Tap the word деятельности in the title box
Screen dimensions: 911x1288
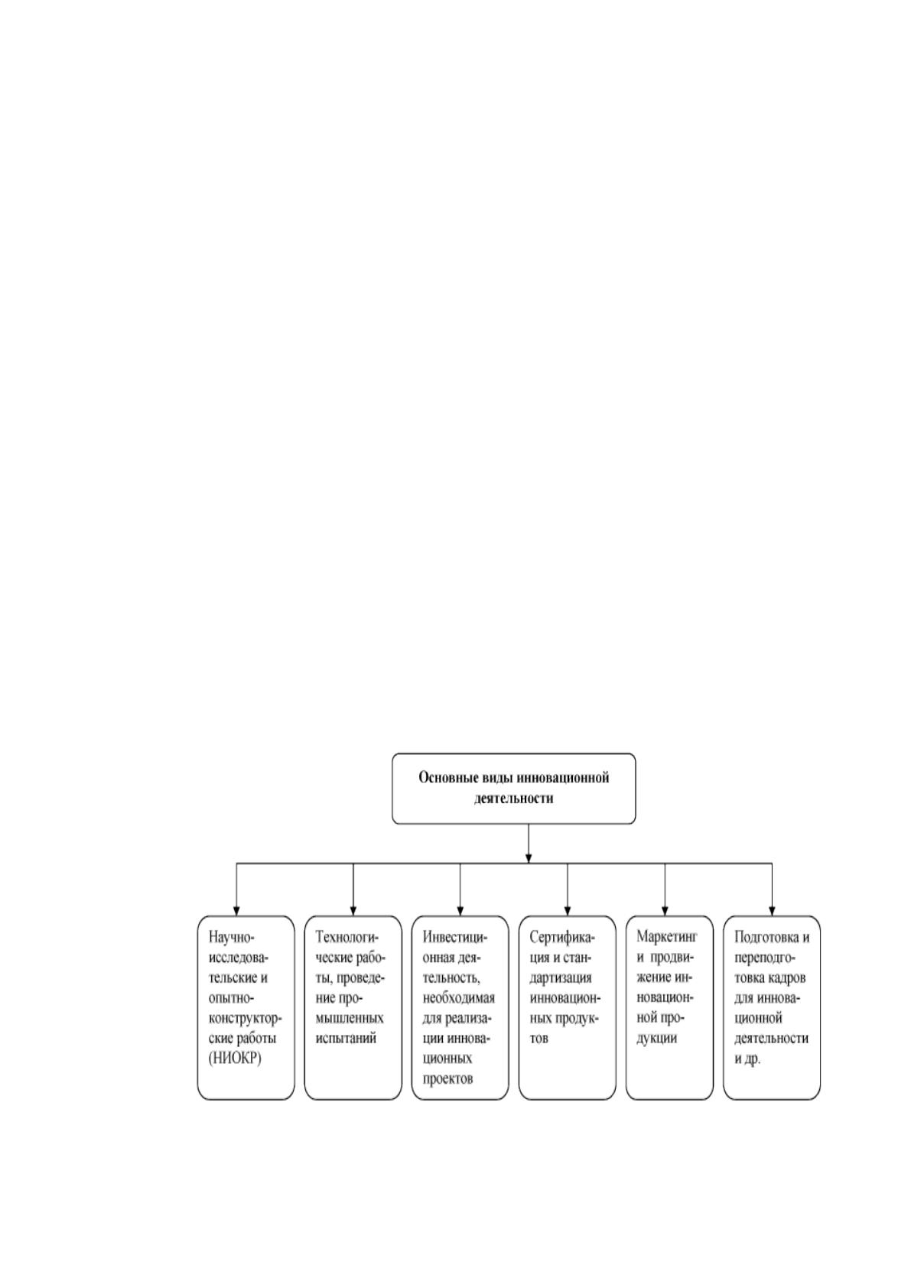513,798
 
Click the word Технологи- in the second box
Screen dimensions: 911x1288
349,937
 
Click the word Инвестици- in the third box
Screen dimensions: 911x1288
455,937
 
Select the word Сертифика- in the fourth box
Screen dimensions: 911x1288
562,937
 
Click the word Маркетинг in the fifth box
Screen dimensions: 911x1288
667,937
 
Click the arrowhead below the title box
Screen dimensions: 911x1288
529,858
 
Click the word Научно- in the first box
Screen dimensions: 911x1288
231,937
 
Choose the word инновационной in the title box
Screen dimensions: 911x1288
562,778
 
